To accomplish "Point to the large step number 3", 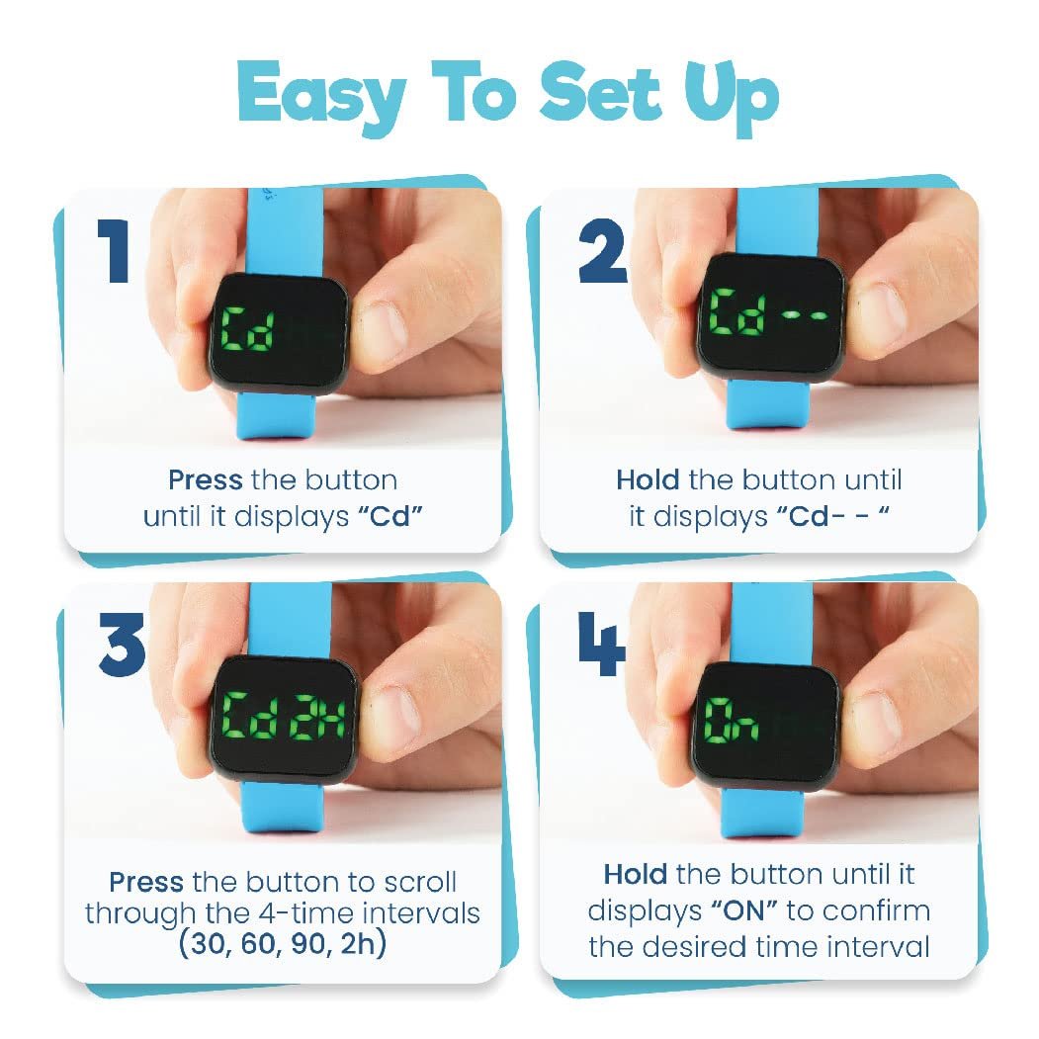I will tap(122, 644).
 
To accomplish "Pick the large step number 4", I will tap(601, 644).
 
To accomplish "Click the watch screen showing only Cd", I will tap(280, 330).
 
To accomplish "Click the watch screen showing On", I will tap(765, 727).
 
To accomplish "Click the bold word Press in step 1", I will tap(205, 480).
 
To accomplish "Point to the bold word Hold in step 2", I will tap(647, 480).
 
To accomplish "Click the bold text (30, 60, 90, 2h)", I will tap(283, 945).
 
